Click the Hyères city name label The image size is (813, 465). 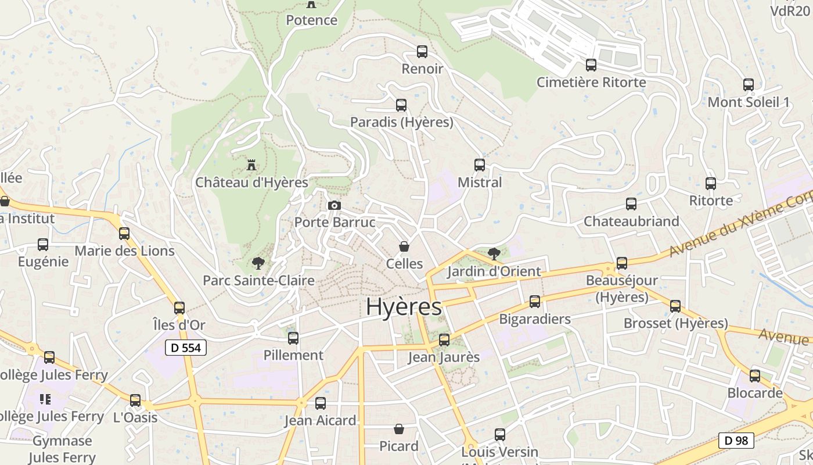404,307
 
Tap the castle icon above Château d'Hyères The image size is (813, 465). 251,165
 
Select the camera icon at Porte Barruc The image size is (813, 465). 334,205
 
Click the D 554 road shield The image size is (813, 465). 186,348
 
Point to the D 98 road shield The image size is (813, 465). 736,441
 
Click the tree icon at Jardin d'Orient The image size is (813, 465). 494,253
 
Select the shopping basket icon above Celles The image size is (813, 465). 404,246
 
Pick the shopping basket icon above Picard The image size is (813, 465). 399,429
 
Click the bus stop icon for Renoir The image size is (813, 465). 422,52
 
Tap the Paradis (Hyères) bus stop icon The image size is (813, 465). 401,105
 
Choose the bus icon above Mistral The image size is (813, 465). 480,165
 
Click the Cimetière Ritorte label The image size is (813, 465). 591,82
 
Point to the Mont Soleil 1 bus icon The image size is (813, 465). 749,85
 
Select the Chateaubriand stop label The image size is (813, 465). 631,221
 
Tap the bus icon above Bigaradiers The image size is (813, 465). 535,302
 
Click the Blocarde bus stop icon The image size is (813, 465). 755,376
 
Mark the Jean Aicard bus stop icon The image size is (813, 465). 321,403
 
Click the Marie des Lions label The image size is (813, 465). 125,251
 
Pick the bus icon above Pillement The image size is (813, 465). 293,338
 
